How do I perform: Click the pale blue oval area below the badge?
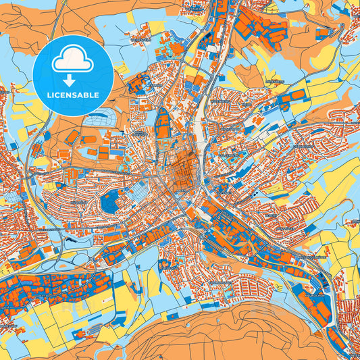[x=101, y=118]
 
